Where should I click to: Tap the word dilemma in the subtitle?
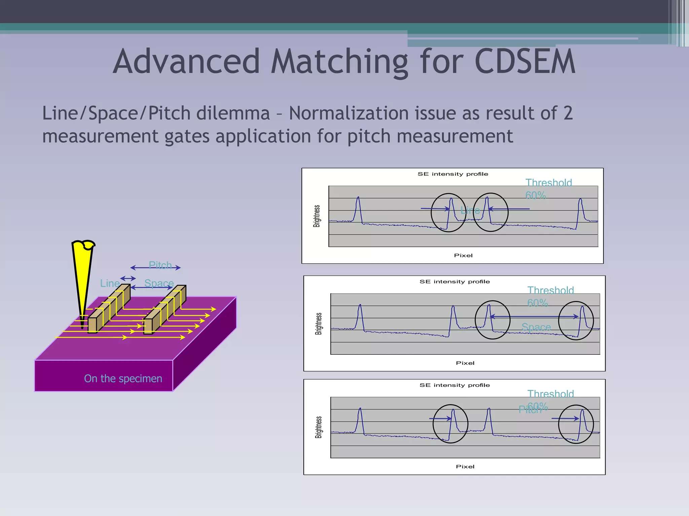tap(233, 113)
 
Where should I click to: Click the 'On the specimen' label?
tap(123, 379)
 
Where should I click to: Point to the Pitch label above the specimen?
tap(160, 265)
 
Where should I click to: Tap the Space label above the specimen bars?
tap(159, 283)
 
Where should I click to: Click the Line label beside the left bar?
tap(110, 283)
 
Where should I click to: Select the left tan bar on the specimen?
tap(108, 311)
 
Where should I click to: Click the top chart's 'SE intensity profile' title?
tap(452, 174)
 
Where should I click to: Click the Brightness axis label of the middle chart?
tap(318, 324)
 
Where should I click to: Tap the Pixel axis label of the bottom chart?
tap(465, 467)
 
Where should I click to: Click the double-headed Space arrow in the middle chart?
tap(534, 316)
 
